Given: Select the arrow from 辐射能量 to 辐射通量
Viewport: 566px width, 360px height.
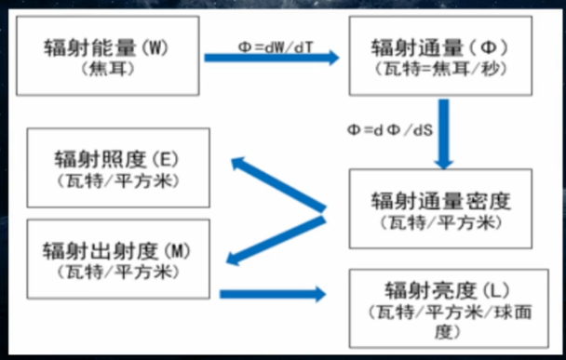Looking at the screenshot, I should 273,59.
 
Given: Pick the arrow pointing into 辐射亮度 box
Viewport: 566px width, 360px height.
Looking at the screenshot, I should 274,294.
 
